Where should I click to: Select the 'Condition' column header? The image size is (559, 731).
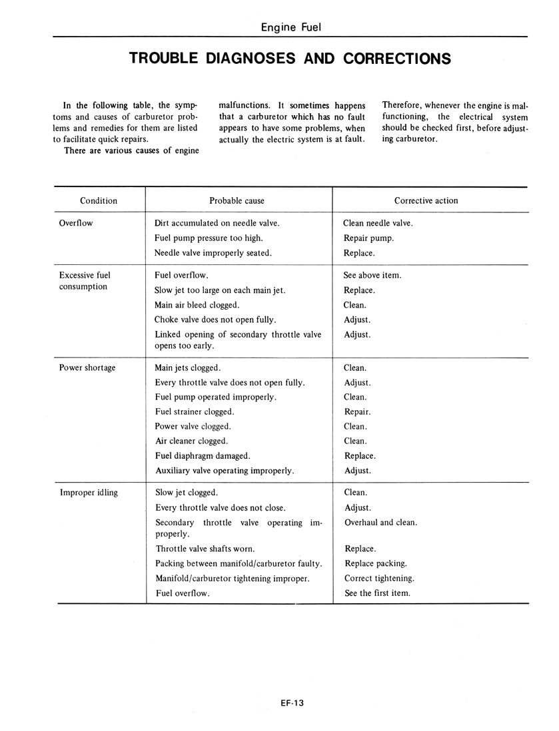99,200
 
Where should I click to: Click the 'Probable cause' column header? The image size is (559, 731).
237,200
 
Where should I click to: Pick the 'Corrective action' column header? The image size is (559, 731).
426,200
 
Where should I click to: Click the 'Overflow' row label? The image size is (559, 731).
75,223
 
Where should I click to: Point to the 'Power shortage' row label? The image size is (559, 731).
87,367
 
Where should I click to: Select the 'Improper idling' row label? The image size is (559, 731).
88,493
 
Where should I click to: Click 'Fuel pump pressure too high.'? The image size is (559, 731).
209,238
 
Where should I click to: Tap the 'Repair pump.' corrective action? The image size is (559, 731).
368,238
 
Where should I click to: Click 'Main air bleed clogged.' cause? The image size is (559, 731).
197,305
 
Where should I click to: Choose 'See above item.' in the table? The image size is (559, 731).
372,275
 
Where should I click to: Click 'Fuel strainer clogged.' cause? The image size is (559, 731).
194,411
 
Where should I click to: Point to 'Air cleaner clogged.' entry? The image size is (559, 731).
191,441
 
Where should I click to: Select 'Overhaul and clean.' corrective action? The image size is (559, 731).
380,522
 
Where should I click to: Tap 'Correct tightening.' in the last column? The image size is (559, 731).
379,578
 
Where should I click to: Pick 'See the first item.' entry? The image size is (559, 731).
377,593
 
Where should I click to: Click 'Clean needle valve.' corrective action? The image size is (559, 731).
378,223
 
